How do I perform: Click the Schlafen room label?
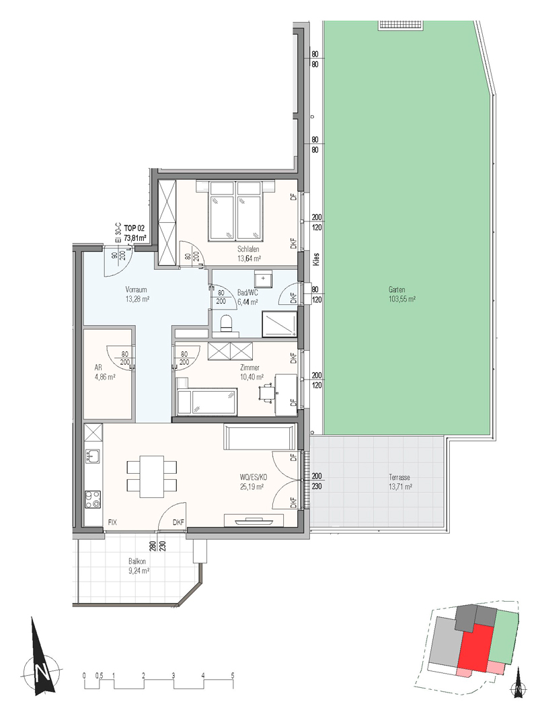tap(249, 250)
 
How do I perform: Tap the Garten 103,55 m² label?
tap(402, 294)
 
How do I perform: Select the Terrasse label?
tap(400, 478)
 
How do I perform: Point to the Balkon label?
tap(137, 561)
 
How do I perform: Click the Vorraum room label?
tap(136, 289)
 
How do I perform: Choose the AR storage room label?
tap(98, 367)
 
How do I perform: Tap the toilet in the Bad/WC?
tap(226, 323)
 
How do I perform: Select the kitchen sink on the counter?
tap(93, 456)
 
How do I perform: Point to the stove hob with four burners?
tap(93, 499)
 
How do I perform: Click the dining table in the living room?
tap(151, 476)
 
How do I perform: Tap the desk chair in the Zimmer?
tap(266, 392)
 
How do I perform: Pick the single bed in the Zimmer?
tap(206, 402)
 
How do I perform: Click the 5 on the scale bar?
tap(233, 676)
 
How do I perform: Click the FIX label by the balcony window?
tap(112, 522)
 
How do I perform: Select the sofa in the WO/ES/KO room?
tap(260, 437)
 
